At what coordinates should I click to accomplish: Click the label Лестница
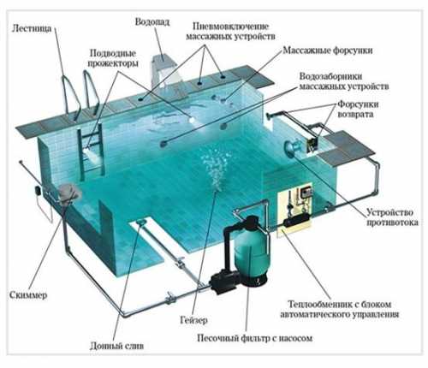[32, 28]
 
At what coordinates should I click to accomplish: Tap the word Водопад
[152, 22]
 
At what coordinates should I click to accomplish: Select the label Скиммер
[28, 294]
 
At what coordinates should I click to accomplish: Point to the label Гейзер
[193, 320]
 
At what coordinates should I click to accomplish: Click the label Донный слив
[116, 346]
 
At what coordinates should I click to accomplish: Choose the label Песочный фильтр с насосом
[255, 338]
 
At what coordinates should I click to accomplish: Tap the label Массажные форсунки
[328, 50]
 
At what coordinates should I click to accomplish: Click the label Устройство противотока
[392, 217]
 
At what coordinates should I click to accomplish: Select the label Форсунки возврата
[358, 109]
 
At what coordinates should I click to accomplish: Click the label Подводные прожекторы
[113, 58]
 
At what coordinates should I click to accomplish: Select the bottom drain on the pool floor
[141, 222]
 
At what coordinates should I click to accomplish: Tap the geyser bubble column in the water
[216, 169]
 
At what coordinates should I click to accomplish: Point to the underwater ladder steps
[92, 151]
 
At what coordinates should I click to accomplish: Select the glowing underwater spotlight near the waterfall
[192, 119]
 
